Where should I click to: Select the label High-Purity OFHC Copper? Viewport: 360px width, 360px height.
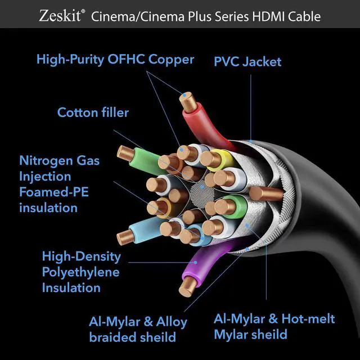[115, 59]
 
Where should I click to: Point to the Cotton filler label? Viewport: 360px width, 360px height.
[93, 112]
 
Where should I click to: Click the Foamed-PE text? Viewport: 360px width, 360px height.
[54, 192]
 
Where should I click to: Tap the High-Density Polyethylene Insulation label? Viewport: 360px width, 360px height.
[81, 272]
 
